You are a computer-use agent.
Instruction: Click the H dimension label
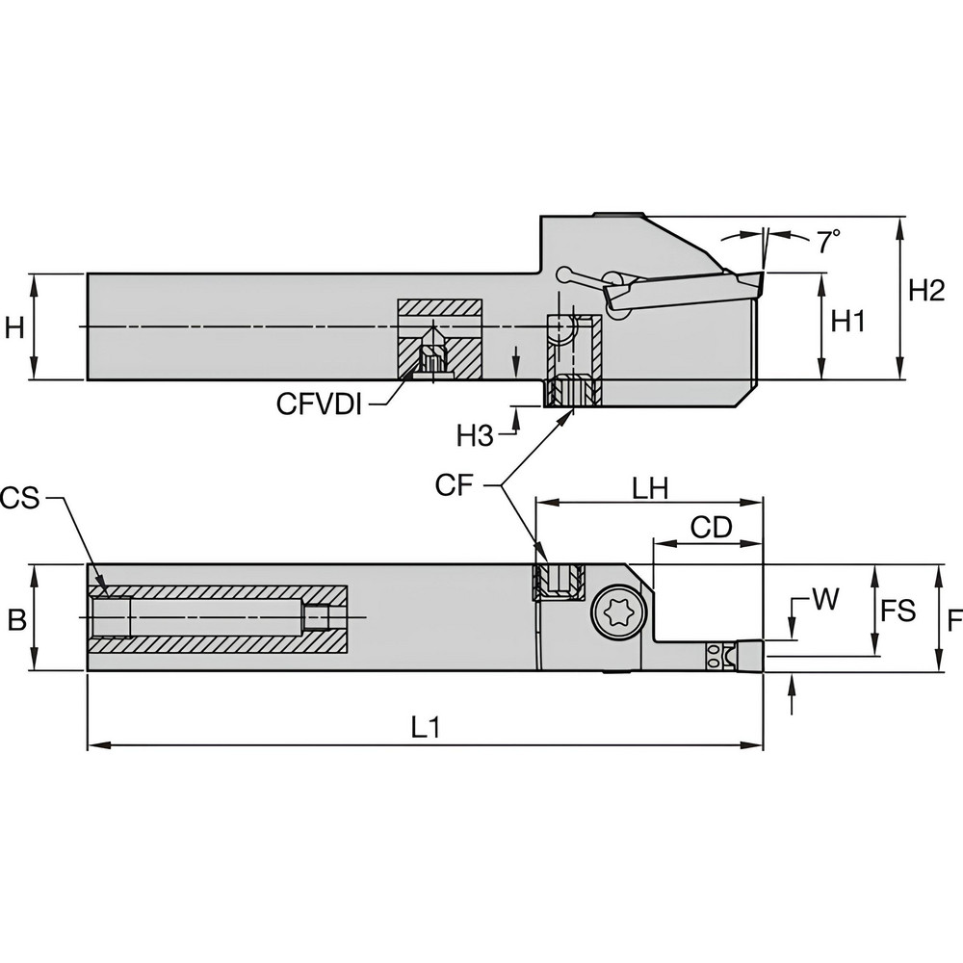pos(14,328)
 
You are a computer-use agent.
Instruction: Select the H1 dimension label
pos(848,323)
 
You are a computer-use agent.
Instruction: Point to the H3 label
pos(475,436)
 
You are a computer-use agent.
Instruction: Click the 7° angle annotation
pos(829,243)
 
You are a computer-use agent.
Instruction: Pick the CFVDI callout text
pos(319,404)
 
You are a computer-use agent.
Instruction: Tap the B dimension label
pos(16,620)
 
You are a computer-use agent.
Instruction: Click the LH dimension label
pos(652,489)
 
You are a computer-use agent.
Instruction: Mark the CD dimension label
pos(713,527)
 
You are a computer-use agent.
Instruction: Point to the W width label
pos(824,600)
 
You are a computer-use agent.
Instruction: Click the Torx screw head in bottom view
pos(613,614)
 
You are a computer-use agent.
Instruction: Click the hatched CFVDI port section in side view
pos(440,339)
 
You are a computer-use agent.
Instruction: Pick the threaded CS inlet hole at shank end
pos(112,617)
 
